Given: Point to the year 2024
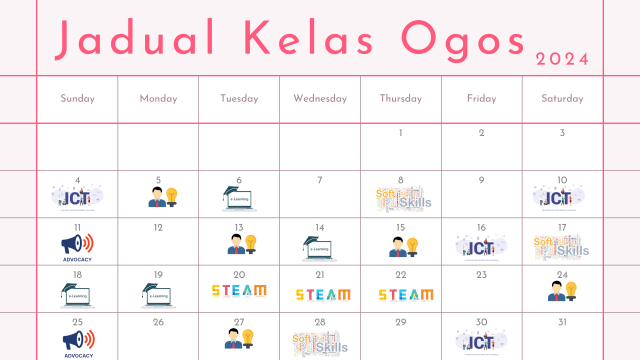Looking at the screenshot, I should (x=563, y=59).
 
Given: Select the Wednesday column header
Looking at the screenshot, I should (x=320, y=99).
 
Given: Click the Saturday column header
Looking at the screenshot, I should (x=562, y=99).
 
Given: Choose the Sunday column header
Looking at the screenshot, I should (x=77, y=99).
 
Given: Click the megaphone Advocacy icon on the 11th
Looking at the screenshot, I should (x=77, y=246).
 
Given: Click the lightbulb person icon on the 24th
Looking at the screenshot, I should (x=561, y=291).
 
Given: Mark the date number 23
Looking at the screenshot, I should (x=481, y=275).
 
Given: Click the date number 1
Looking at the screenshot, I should (x=400, y=133).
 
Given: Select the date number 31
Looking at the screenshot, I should (x=562, y=322).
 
